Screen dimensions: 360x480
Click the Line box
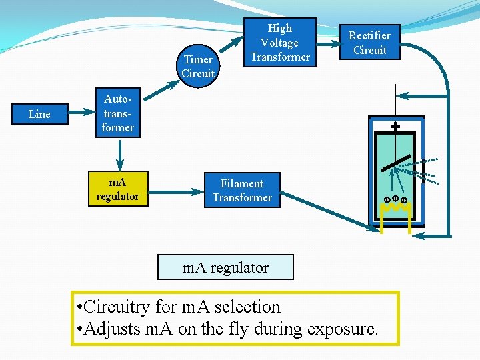(x=39, y=114)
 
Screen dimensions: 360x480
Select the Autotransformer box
(x=117, y=113)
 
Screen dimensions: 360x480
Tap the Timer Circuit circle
(x=198, y=66)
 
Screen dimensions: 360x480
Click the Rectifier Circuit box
(x=369, y=42)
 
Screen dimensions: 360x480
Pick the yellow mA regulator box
(x=117, y=189)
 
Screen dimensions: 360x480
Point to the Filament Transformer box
(x=242, y=190)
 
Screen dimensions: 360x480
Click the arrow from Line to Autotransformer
(x=77, y=114)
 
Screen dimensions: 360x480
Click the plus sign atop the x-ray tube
(x=395, y=126)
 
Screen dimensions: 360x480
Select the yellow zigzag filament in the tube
(x=395, y=209)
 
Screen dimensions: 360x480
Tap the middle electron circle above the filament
(x=395, y=198)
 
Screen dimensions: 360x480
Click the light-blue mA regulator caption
(x=225, y=267)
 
